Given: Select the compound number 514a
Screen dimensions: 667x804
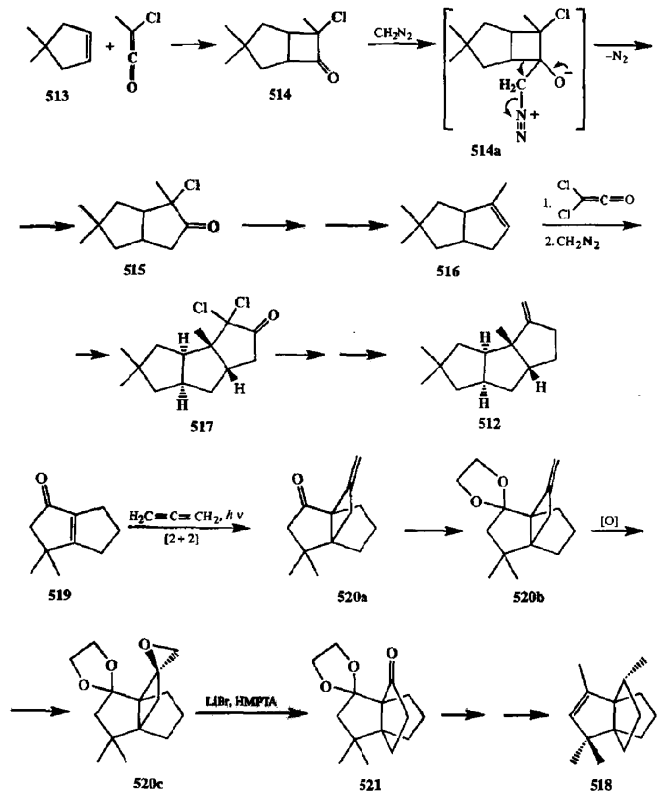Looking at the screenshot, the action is pyautogui.click(x=485, y=151).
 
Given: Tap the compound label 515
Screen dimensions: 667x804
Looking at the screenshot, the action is pyautogui.click(x=134, y=270).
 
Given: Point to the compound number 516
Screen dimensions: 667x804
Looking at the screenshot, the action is pyautogui.click(x=447, y=271).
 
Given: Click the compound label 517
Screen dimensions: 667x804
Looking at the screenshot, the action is pyautogui.click(x=201, y=427).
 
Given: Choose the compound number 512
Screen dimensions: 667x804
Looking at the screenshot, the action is pyautogui.click(x=489, y=424).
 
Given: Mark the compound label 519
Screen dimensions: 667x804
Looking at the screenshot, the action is pyautogui.click(x=59, y=596).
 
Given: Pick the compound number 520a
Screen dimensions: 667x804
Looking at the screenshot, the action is pyautogui.click(x=352, y=597).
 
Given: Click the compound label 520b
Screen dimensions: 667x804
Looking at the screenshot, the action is pyautogui.click(x=529, y=597).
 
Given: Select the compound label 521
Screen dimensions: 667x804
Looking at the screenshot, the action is pyautogui.click(x=370, y=785).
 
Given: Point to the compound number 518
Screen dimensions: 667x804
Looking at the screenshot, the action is pyautogui.click(x=601, y=785).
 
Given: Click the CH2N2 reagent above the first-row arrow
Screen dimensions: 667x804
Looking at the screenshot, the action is pyautogui.click(x=393, y=34).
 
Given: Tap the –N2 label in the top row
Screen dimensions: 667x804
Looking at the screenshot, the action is pyautogui.click(x=619, y=57).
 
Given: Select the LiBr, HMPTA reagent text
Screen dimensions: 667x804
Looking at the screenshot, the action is pyautogui.click(x=242, y=701).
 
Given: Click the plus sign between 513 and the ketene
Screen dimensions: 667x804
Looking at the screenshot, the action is pyautogui.click(x=110, y=47).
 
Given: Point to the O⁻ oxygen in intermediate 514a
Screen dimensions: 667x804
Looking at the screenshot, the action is pyautogui.click(x=561, y=82).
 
